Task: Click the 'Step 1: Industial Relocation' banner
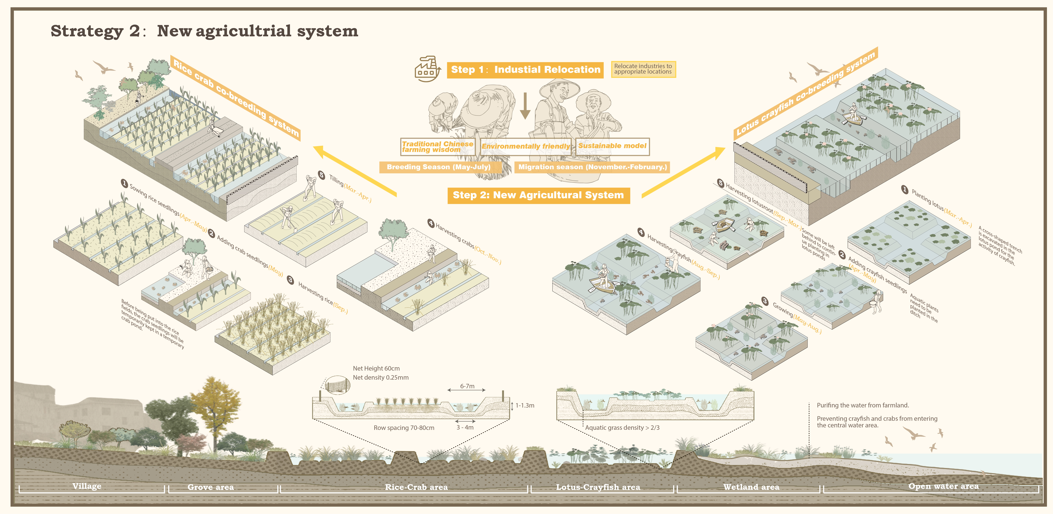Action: pos(525,69)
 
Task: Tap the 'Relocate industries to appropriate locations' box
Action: pos(643,69)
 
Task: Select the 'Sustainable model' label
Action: pos(612,146)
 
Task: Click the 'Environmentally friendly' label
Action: pos(526,146)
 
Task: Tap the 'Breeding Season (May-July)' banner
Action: pos(439,167)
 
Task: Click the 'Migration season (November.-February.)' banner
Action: pos(592,167)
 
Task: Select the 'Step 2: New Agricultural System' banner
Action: pos(538,195)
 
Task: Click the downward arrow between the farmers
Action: pos(525,106)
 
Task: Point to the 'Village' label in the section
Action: pos(87,486)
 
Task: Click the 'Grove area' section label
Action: pos(211,487)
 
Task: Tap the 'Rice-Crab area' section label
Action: pos(416,487)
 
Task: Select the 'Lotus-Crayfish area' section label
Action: pos(598,487)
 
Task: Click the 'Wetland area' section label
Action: pos(751,487)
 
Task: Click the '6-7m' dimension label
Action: pos(467,386)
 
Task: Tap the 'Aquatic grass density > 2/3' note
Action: pos(622,428)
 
